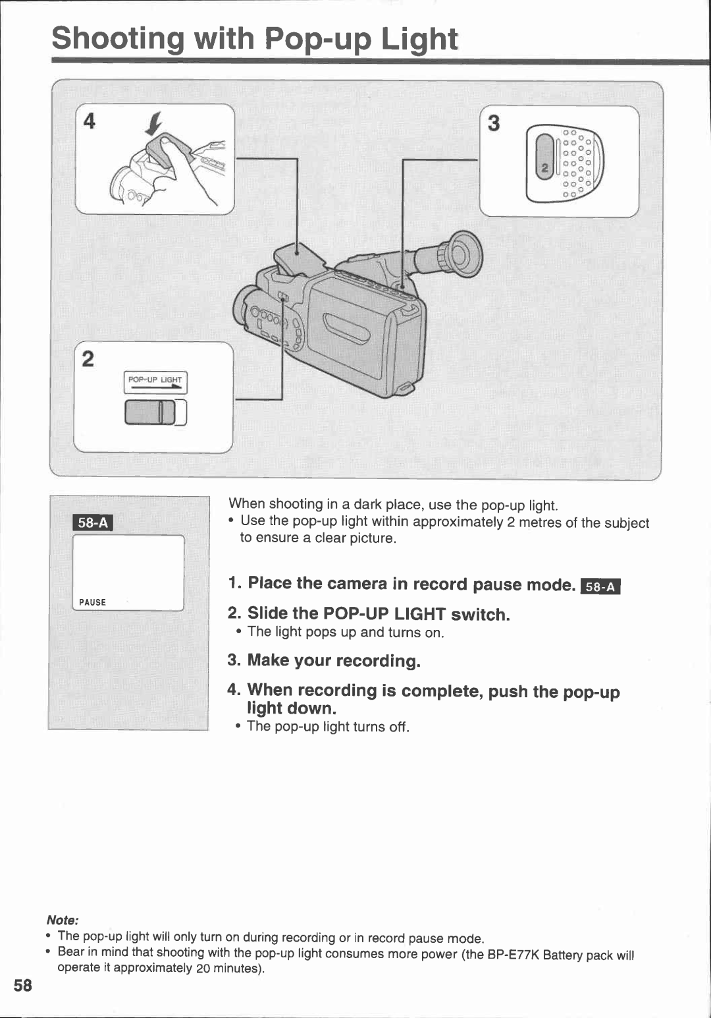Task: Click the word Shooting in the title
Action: point(118,38)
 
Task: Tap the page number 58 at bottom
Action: point(23,986)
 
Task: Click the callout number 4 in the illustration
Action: point(90,121)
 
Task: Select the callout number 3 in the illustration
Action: point(494,123)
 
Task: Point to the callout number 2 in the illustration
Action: point(88,359)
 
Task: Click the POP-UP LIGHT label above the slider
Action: point(155,380)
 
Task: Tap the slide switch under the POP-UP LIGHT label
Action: point(151,412)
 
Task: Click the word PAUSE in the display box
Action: point(92,602)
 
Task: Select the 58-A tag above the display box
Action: point(93,523)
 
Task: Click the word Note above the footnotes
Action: point(63,920)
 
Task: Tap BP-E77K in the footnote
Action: point(513,955)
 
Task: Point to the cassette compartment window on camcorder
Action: point(347,328)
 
